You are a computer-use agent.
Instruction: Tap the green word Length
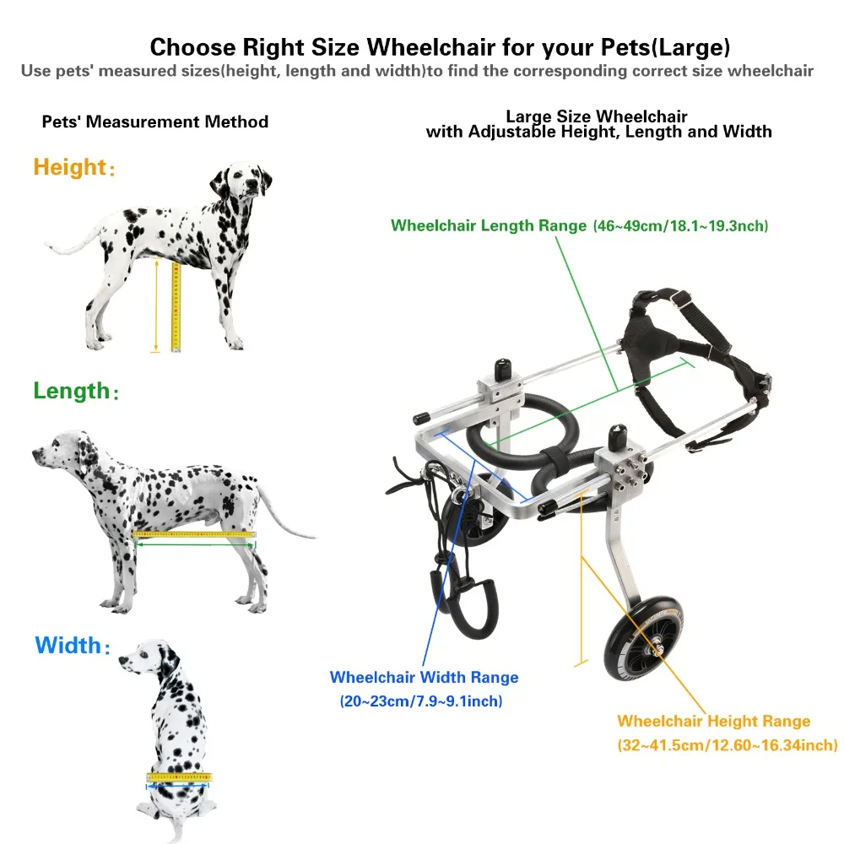72,391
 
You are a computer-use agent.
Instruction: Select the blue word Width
68,647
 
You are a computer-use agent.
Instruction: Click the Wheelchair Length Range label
487,226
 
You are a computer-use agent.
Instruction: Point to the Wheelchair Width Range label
424,678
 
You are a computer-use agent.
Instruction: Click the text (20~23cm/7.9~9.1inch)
420,701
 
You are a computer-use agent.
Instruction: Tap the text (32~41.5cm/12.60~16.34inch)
727,744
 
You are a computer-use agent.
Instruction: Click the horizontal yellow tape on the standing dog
194,535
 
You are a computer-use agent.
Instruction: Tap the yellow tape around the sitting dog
179,776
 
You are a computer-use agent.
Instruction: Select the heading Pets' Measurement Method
155,122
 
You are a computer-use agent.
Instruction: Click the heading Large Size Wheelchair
597,116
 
